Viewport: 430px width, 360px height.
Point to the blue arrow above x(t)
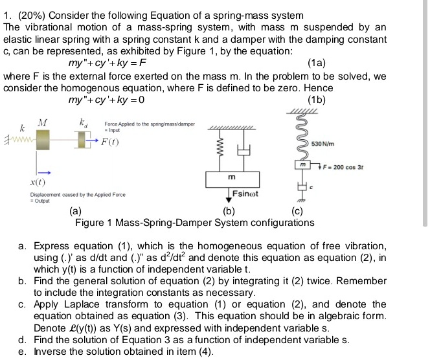tap(43, 172)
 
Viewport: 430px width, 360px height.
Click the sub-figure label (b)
tap(228, 212)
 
